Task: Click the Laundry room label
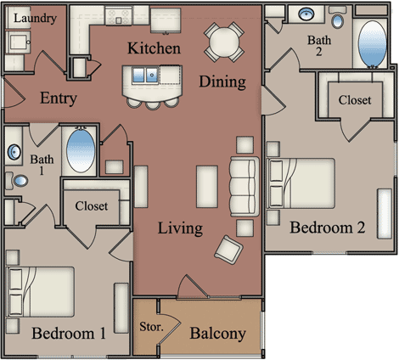click(x=36, y=19)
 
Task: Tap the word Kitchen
click(x=154, y=48)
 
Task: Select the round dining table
click(x=224, y=42)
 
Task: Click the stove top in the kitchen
click(x=119, y=16)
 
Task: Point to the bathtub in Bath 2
click(x=372, y=43)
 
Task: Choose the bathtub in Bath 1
click(x=81, y=150)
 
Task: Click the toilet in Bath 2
click(x=337, y=17)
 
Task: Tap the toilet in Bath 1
click(x=17, y=181)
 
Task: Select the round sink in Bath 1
click(x=14, y=152)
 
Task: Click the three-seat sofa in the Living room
click(x=244, y=186)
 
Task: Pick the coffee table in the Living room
click(x=207, y=187)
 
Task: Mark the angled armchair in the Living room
click(x=228, y=250)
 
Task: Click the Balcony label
click(x=217, y=334)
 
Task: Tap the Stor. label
click(x=151, y=327)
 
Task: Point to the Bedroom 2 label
click(x=328, y=228)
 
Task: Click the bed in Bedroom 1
click(x=41, y=292)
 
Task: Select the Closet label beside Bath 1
click(x=92, y=206)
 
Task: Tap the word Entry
click(x=59, y=98)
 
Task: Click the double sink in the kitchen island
click(x=145, y=75)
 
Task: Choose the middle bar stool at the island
click(x=153, y=104)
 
